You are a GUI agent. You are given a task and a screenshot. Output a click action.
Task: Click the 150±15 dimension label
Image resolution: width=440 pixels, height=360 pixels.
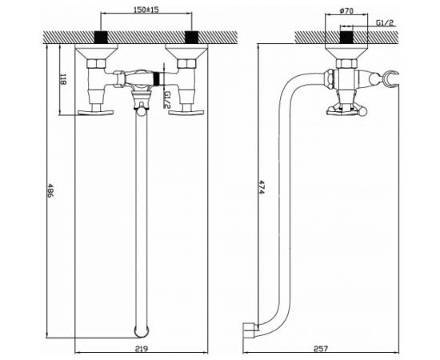click(x=146, y=10)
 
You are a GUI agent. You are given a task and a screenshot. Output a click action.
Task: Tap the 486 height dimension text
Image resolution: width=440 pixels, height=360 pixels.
click(x=50, y=190)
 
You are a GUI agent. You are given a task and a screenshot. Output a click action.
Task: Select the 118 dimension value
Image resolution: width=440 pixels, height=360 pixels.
click(x=62, y=79)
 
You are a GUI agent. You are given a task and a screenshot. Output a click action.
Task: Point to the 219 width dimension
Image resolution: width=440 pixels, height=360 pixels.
click(x=142, y=349)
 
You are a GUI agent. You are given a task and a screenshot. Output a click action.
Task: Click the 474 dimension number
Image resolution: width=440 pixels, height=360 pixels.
click(x=262, y=187)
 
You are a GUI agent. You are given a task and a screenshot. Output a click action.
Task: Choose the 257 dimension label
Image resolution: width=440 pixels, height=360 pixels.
click(x=321, y=349)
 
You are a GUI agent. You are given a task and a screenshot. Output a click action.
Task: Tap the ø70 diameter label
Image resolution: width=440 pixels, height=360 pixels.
click(x=346, y=10)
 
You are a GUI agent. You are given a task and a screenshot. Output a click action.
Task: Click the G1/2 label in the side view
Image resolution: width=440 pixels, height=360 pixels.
click(x=385, y=22)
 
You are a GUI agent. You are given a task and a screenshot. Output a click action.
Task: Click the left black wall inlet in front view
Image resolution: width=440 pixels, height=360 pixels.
click(x=101, y=37)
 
